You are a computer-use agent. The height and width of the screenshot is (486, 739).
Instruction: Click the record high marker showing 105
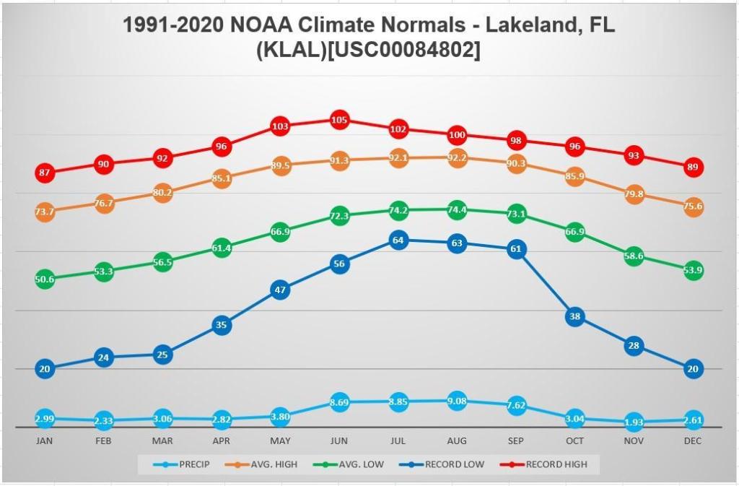(x=339, y=120)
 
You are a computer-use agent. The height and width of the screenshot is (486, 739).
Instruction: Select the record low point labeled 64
(x=398, y=240)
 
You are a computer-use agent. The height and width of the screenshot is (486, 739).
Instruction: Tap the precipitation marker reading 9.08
(x=457, y=402)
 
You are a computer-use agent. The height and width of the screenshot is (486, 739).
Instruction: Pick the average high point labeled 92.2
(x=457, y=158)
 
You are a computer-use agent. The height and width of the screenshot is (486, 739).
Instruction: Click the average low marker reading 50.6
(x=45, y=279)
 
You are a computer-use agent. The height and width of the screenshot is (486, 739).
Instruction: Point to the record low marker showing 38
(x=574, y=316)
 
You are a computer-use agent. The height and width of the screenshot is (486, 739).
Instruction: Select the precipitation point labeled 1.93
(x=634, y=422)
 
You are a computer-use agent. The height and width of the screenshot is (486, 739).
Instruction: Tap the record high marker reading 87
(x=45, y=173)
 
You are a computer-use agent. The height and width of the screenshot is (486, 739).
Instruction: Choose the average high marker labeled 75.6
(x=693, y=207)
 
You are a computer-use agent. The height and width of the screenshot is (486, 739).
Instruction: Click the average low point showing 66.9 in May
(x=280, y=232)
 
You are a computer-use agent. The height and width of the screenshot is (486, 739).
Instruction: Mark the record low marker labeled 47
(x=280, y=290)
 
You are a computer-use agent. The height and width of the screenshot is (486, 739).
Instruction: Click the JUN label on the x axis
(x=339, y=441)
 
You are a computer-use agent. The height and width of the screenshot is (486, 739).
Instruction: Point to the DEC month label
(x=693, y=441)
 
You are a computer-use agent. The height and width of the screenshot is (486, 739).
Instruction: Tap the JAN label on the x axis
(x=45, y=441)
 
